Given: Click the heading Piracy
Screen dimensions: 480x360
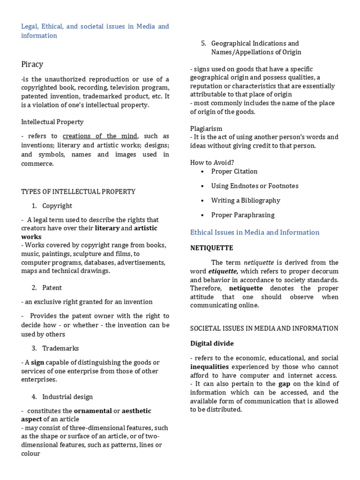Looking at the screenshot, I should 32,64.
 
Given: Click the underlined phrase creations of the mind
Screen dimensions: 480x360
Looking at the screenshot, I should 100,136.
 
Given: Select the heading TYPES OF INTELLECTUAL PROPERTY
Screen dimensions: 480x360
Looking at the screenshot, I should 78,192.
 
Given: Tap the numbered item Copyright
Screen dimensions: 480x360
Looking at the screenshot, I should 57,206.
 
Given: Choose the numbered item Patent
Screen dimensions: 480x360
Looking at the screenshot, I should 52,288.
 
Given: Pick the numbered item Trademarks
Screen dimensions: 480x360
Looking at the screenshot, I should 60,348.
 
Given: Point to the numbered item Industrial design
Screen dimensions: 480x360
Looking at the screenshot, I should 67,397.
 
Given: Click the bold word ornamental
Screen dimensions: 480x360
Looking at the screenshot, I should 93,411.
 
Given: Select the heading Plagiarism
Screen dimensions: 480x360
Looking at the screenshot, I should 206,128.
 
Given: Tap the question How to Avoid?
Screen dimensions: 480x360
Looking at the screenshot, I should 212,163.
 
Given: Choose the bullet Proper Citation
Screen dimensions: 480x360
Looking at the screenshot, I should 234,172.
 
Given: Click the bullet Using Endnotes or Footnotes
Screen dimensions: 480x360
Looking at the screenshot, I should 255,186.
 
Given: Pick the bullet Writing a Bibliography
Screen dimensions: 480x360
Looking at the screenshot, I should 246,201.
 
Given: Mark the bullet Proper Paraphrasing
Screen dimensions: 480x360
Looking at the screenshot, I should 243,215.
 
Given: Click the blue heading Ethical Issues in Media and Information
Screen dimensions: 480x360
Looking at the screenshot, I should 255,232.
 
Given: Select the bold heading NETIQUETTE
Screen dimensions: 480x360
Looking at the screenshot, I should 211,248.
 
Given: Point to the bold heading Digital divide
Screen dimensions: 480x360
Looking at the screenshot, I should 212,344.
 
